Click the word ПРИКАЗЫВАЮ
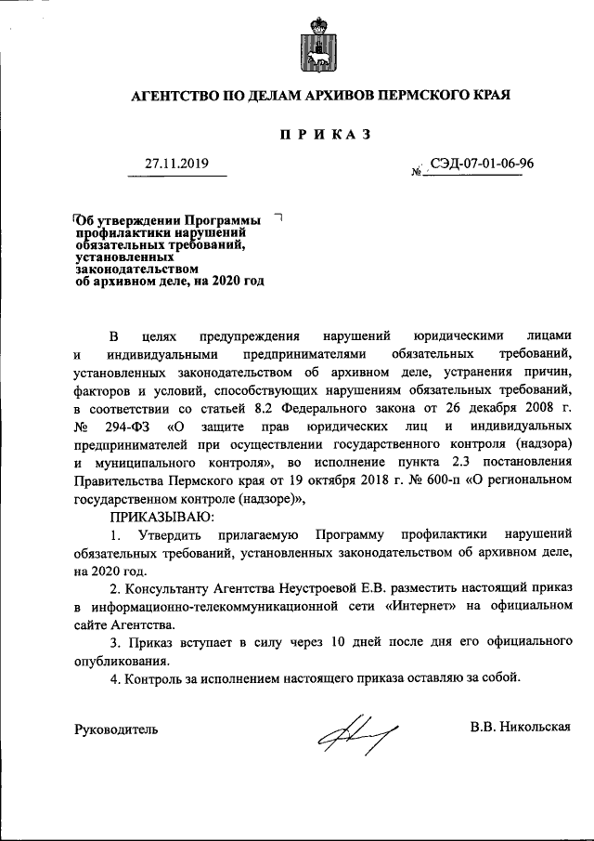(x=161, y=516)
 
